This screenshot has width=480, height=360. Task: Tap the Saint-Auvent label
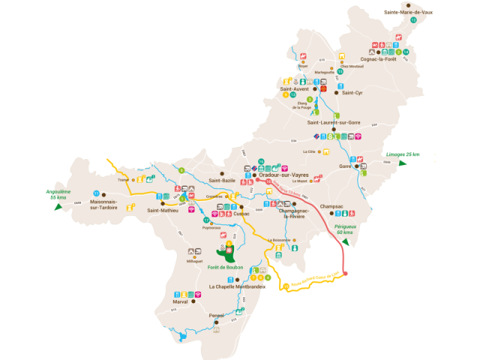point(295,89)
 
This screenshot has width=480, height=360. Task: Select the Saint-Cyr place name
point(352,93)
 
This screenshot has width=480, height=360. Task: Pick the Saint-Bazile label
point(223,181)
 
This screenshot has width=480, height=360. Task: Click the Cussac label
point(241,214)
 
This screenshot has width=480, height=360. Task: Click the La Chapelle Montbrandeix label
point(237,287)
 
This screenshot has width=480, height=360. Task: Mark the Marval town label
point(190,302)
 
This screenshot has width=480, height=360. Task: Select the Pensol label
point(216,316)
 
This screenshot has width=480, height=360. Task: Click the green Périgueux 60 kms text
point(346,229)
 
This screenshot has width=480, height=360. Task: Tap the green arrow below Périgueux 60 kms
point(346,242)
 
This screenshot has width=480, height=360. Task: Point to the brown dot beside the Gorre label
point(356,166)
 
